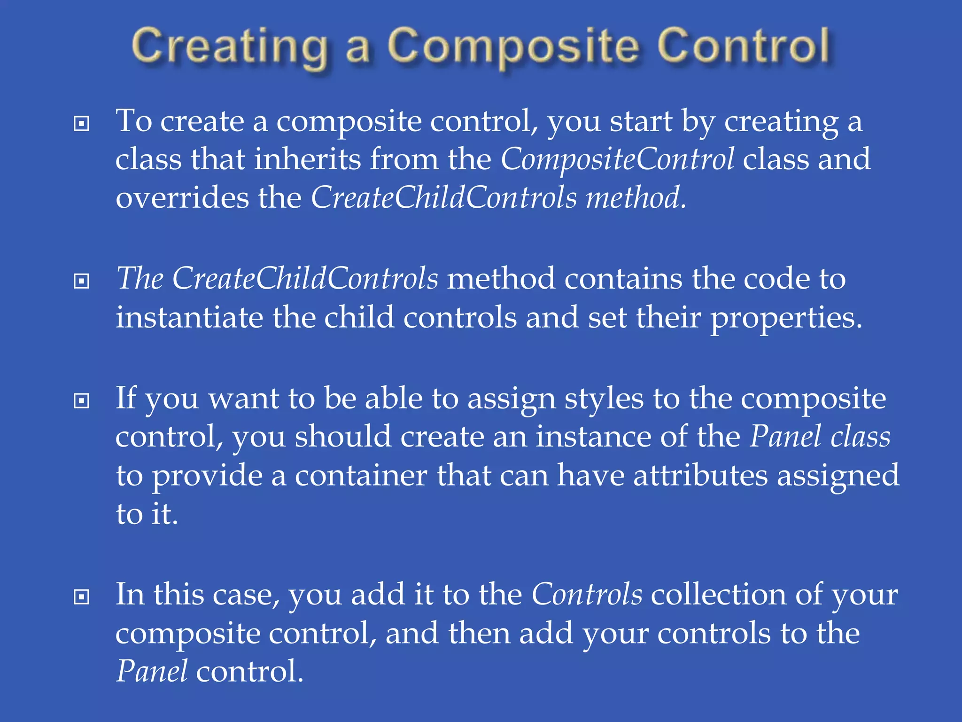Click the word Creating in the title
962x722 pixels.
(230, 47)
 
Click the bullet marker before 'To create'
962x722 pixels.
(82, 124)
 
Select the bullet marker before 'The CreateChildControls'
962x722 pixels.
(82, 281)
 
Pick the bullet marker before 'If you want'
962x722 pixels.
(82, 401)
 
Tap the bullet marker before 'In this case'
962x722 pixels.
(82, 597)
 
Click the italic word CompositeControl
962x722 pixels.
(617, 159)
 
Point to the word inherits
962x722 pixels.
(307, 159)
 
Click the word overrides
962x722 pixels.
(182, 197)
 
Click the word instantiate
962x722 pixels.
(189, 317)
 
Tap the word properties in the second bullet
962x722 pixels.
(785, 317)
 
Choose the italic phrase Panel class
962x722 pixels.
(819, 437)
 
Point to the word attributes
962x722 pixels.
(700, 475)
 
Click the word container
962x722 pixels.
(360, 475)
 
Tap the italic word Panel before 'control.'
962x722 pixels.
(152, 671)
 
